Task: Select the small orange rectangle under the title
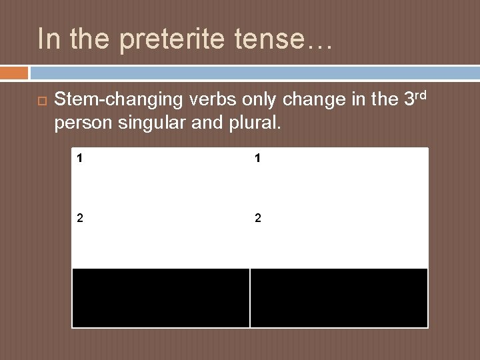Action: click(14, 73)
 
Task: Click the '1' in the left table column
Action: click(79, 159)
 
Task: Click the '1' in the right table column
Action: click(257, 159)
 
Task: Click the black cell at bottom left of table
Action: click(161, 297)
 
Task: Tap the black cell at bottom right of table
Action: click(339, 297)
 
